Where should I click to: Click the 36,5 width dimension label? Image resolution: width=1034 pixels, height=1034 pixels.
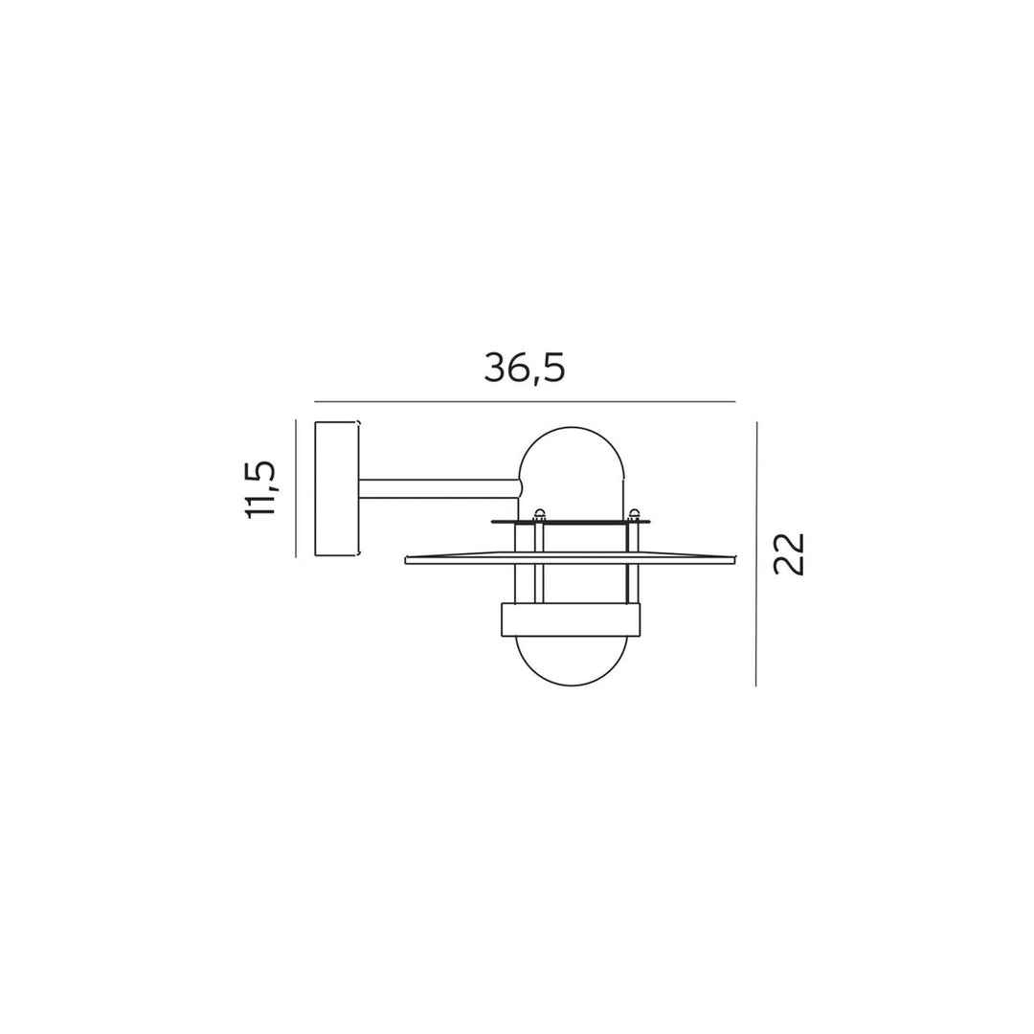point(525,368)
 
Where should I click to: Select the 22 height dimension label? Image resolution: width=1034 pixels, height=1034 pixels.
point(789,554)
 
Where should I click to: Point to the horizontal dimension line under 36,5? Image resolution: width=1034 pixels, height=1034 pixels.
point(525,401)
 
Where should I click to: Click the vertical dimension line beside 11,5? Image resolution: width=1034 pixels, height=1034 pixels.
point(296,488)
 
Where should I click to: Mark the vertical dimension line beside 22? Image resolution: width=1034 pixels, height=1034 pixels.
point(756,554)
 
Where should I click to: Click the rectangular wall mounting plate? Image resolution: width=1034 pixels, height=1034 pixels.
point(337,488)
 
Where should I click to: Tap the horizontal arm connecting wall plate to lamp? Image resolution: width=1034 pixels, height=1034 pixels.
point(439,488)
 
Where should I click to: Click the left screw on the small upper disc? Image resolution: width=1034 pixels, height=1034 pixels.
point(539,513)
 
